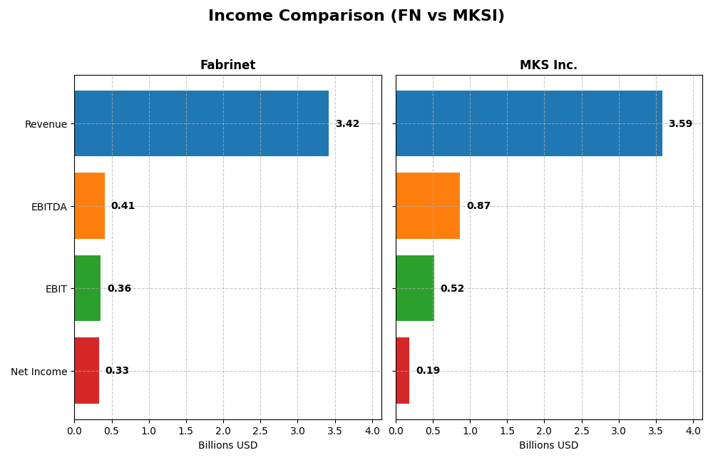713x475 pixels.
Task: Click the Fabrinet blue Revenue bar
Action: click(x=201, y=123)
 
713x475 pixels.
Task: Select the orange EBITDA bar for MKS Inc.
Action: click(x=428, y=205)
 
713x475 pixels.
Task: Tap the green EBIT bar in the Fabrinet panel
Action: click(x=88, y=288)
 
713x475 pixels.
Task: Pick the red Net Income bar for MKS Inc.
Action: click(x=403, y=370)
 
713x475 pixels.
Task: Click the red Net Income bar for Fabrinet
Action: click(x=86, y=370)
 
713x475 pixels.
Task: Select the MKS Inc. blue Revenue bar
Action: click(x=528, y=123)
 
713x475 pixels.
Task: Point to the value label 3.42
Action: click(x=347, y=124)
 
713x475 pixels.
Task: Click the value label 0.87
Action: click(x=478, y=206)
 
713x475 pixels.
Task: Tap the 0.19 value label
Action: click(x=428, y=371)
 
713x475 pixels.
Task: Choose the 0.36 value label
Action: click(x=119, y=289)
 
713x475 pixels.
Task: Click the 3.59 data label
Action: click(x=680, y=124)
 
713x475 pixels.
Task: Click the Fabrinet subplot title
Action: click(x=227, y=66)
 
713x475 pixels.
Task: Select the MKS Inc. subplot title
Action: click(x=548, y=66)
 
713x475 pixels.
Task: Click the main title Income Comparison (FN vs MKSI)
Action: click(x=356, y=16)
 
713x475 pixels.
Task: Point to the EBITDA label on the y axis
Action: click(x=48, y=207)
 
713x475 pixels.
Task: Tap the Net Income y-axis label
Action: click(x=39, y=372)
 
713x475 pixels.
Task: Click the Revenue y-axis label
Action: click(x=46, y=125)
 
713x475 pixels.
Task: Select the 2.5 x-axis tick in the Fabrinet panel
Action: click(x=260, y=431)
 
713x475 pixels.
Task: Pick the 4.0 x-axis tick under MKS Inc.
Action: click(x=693, y=431)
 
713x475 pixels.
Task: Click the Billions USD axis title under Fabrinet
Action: click(x=227, y=445)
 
